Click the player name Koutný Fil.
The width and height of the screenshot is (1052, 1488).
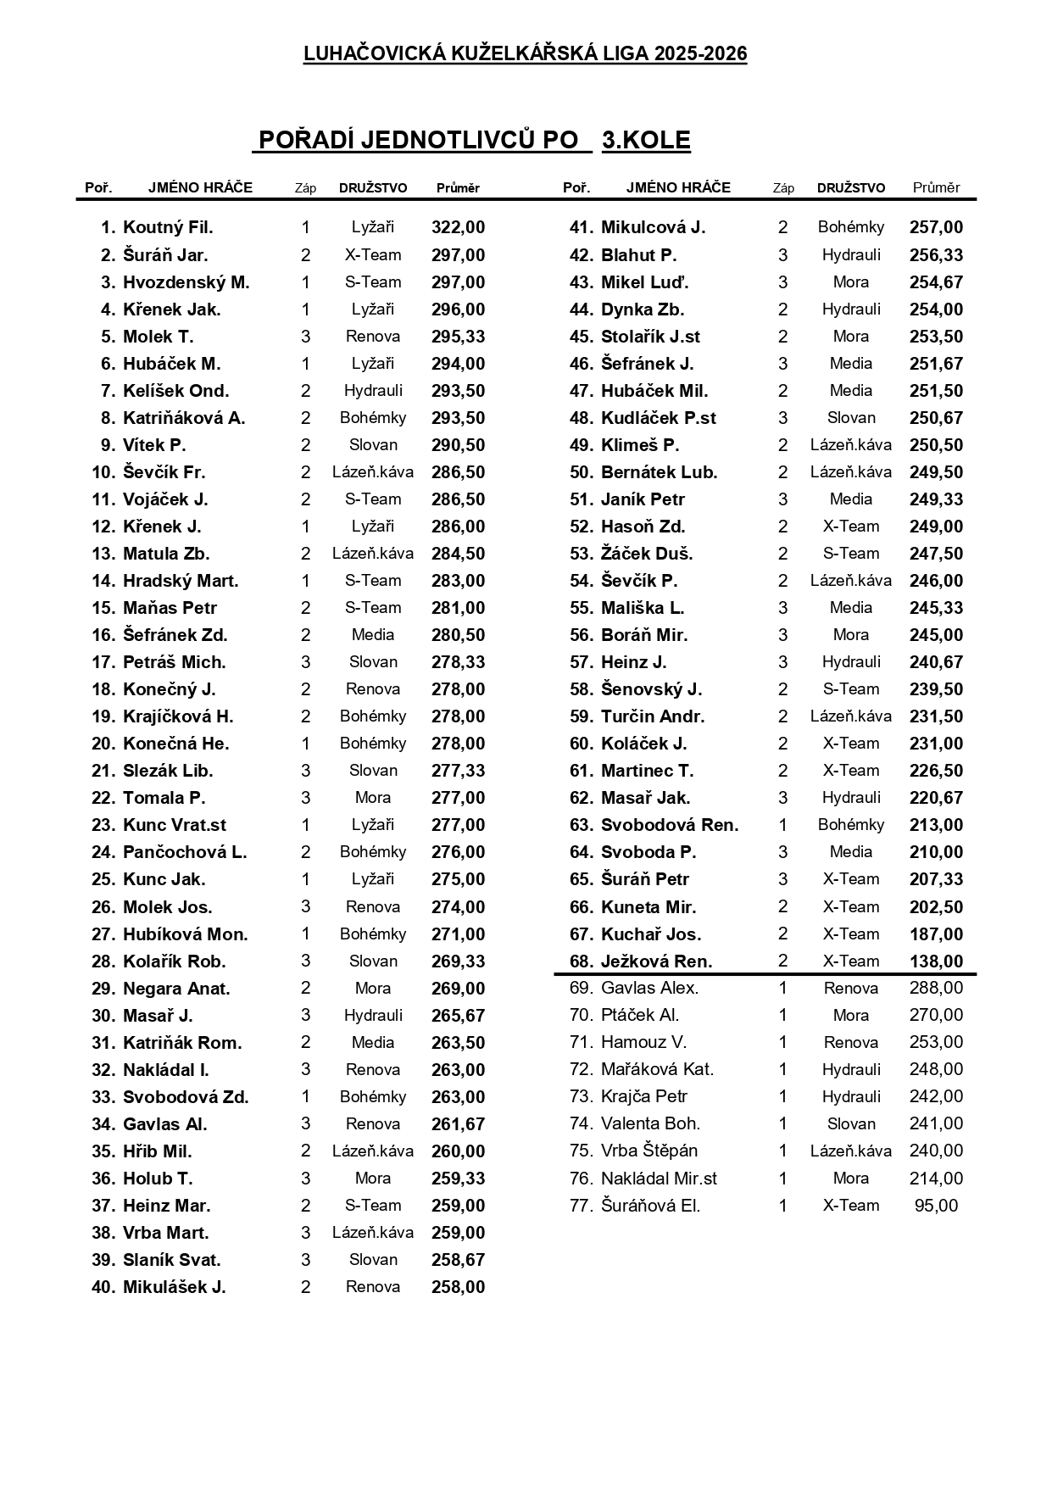[168, 227]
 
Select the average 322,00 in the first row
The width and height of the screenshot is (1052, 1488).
[458, 227]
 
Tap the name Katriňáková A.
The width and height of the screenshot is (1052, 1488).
[184, 418]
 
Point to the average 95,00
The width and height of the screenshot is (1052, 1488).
[936, 1206]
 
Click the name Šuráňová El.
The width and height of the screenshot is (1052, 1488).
[650, 1206]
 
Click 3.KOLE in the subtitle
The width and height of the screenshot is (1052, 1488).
[646, 141]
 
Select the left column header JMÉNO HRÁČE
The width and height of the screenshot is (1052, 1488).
[200, 187]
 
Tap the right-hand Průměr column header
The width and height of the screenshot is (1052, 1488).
[936, 187]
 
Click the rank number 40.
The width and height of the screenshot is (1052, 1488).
[103, 1287]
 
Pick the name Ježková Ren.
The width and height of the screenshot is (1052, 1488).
[656, 961]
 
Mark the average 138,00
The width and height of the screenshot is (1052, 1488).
[936, 961]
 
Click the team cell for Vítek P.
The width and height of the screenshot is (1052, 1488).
[373, 445]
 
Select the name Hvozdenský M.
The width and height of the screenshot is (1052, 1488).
[186, 282]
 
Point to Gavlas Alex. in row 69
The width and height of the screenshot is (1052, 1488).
[649, 988]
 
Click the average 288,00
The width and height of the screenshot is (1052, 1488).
[936, 988]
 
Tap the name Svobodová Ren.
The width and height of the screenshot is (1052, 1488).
[670, 825]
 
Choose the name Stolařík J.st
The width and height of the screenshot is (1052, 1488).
[650, 337]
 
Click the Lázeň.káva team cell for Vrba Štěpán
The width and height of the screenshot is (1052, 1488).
[850, 1151]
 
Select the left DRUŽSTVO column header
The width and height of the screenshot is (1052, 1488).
[373, 187]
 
